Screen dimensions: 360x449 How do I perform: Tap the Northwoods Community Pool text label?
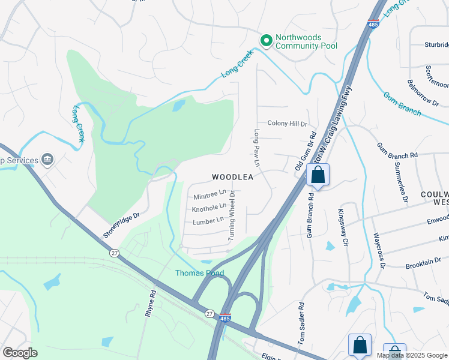tap(306, 41)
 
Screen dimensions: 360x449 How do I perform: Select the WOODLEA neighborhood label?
tap(232, 177)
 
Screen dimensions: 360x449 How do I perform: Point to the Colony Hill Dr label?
tap(288, 124)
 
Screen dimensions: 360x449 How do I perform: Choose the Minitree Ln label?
tap(209, 195)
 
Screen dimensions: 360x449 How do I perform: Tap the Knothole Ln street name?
tap(209, 208)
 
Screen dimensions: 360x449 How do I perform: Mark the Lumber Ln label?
tap(208, 221)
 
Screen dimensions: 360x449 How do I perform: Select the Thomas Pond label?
tap(199, 273)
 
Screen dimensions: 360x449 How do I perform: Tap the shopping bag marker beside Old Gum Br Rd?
tap(318, 175)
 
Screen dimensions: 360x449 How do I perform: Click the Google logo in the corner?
tap(20, 353)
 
